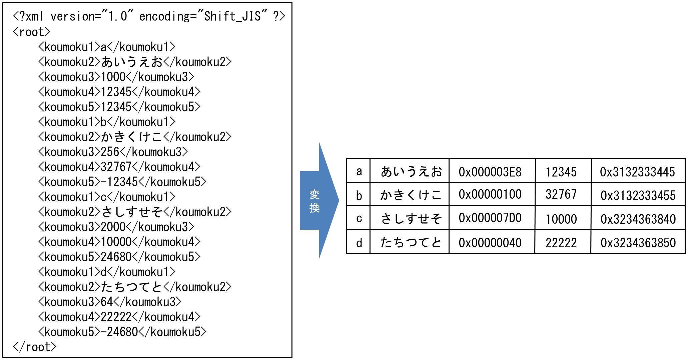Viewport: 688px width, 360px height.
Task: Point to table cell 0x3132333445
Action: (638, 171)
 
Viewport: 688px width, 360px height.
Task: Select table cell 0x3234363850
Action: (638, 242)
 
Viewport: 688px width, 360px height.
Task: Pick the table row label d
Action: (359, 242)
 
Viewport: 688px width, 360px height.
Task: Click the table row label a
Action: (359, 171)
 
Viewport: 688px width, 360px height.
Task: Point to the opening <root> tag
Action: (32, 32)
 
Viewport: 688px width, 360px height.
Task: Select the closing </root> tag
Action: (35, 347)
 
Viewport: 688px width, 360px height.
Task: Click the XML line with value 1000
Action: (116, 77)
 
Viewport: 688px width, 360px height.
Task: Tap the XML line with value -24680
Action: (122, 332)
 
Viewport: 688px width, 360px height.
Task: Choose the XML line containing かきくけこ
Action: (134, 137)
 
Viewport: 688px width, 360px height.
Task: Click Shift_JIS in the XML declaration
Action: (232, 16)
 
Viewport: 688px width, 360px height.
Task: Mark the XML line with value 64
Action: (110, 302)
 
